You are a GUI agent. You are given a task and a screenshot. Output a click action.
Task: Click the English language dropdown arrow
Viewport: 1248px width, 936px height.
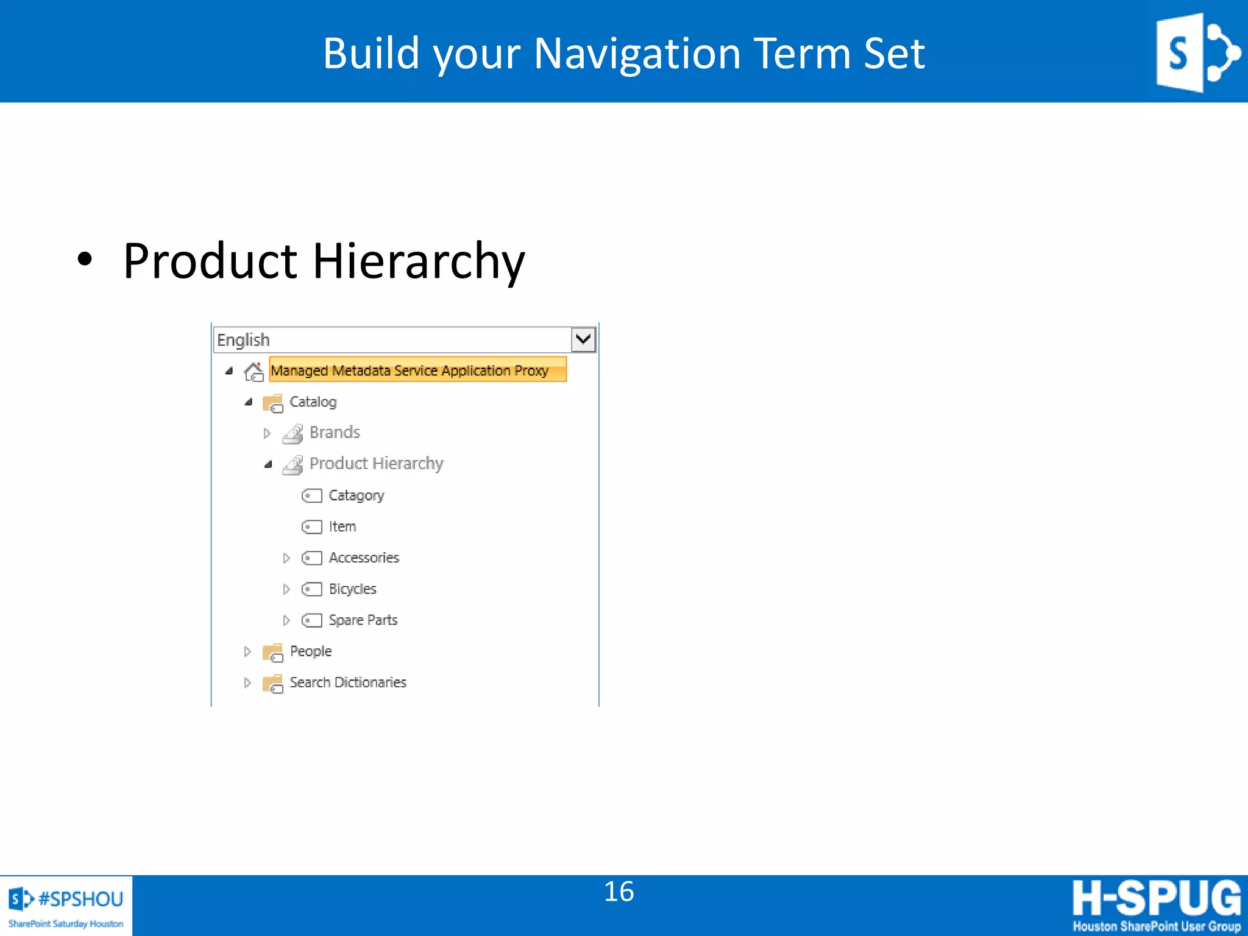coord(583,339)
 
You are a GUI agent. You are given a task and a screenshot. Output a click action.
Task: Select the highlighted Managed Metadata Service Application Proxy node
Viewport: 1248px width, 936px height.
coord(409,370)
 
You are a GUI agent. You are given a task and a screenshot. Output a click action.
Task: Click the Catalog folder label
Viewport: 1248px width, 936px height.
coord(313,402)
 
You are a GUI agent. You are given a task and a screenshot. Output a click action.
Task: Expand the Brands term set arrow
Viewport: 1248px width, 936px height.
coord(267,433)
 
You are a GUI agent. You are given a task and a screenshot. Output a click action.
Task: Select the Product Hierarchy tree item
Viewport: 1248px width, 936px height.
coord(376,464)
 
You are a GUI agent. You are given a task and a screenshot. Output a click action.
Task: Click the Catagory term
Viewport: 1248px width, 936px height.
coord(356,495)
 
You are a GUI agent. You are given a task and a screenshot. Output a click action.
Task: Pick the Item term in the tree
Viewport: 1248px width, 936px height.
coord(342,526)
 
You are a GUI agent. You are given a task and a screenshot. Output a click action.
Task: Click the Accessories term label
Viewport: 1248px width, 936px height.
coord(364,558)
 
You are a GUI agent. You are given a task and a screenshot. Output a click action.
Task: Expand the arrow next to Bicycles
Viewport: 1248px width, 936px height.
coord(286,589)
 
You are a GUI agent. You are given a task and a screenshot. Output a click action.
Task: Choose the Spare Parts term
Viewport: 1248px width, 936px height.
coord(363,620)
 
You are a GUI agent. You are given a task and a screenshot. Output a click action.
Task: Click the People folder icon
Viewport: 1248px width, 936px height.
coord(272,652)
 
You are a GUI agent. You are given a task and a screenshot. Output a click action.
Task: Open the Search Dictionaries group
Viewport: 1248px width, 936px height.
coord(347,682)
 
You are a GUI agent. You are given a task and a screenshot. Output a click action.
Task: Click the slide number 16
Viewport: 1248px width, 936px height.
coord(619,892)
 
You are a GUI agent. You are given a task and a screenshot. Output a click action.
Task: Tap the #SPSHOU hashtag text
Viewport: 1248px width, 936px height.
coord(80,899)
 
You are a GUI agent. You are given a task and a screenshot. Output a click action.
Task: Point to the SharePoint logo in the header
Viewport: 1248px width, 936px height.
coord(1196,52)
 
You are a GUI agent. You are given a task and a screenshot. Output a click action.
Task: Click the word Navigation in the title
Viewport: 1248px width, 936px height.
coord(636,54)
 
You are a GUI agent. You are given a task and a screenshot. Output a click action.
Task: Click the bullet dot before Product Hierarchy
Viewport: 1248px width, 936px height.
coord(85,260)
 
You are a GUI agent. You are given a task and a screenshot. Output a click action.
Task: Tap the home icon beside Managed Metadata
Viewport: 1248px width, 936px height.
coord(253,371)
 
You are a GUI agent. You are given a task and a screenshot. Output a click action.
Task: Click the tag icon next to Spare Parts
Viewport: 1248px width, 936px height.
coord(311,620)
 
